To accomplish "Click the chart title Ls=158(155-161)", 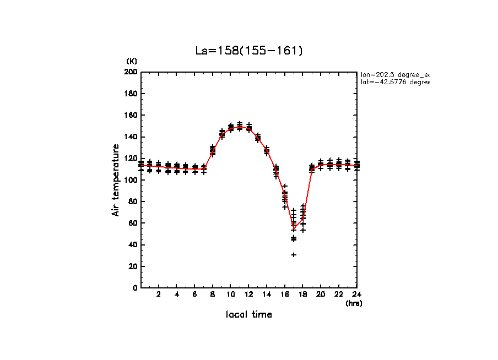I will coord(249,51).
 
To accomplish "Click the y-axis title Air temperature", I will coord(116,180).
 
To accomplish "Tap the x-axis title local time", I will coord(249,314).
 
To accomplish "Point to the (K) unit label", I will coord(132,61).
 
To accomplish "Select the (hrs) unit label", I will coord(354,303).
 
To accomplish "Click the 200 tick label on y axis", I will coord(131,72).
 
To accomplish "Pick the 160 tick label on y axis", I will coord(131,115).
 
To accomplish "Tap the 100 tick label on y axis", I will coord(131,180).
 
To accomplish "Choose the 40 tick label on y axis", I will coord(133,245).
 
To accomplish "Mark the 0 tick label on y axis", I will coord(135,288).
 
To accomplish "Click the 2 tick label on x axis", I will coord(159,294).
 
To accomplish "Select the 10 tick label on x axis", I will coord(231,294).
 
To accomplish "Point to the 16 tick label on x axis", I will coord(285,294).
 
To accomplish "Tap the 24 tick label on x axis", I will coord(356,294).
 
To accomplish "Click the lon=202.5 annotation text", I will coord(394,74).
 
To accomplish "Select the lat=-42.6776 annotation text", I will coord(394,82).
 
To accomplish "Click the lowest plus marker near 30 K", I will coord(294,254).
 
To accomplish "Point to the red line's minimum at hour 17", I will coord(294,229).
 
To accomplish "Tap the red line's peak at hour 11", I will coord(240,127).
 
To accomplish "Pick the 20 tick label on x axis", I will coord(321,294).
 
